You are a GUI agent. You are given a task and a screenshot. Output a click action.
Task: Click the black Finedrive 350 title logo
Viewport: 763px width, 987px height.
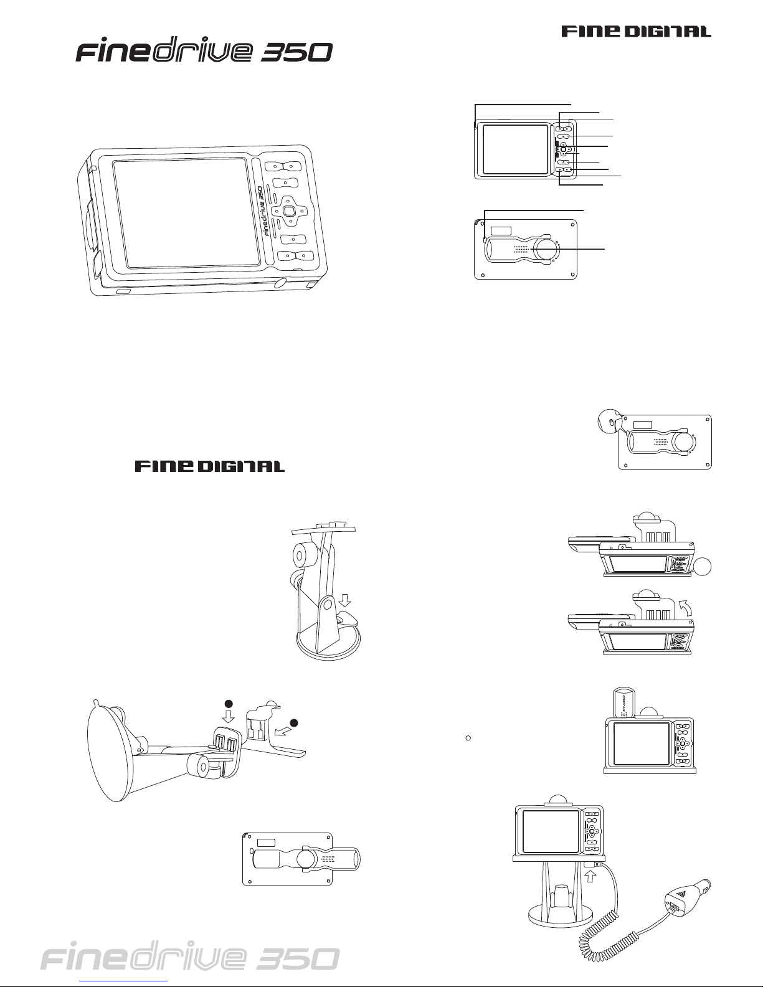[x=204, y=52]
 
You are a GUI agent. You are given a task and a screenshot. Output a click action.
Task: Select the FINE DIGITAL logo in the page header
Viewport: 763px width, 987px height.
[x=637, y=31]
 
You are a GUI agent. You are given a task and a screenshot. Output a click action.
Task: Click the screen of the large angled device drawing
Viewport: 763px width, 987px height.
[x=186, y=212]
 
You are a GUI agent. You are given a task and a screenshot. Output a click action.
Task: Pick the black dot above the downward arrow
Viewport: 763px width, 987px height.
[x=229, y=704]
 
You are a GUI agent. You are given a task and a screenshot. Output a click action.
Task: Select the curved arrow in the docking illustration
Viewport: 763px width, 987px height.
[x=686, y=607]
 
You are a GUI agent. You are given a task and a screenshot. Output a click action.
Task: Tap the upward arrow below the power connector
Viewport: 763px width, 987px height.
[x=589, y=875]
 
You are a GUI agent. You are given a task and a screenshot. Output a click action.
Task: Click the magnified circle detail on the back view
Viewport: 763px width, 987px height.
[x=610, y=421]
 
